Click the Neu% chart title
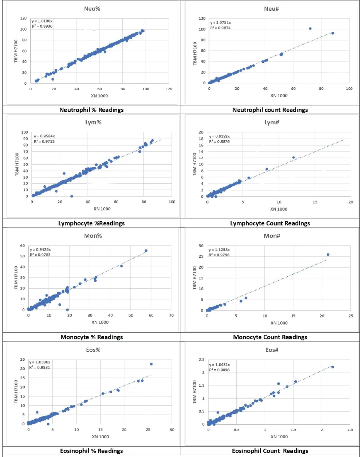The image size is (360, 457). (92, 9)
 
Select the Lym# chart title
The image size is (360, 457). (272, 122)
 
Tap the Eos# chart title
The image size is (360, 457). (272, 350)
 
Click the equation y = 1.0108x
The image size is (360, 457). (42, 21)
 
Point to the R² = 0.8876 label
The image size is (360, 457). (219, 141)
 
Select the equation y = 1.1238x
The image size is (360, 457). (219, 250)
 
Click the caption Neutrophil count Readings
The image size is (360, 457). (270, 110)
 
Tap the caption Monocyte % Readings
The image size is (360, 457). (91, 337)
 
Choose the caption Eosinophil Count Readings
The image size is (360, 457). (270, 451)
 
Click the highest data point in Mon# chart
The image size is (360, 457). (328, 254)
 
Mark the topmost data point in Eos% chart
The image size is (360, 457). (151, 364)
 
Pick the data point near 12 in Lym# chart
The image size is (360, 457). (293, 158)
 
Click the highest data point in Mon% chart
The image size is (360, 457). (146, 251)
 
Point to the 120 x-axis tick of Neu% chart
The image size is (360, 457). (169, 89)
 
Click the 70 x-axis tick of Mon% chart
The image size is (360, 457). (171, 315)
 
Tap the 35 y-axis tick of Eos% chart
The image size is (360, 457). (22, 359)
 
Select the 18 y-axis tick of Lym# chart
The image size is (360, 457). (201, 139)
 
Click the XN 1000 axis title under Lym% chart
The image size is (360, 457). (102, 209)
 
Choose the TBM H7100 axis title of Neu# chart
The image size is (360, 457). (195, 53)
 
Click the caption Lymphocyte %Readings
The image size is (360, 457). (91, 223)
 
